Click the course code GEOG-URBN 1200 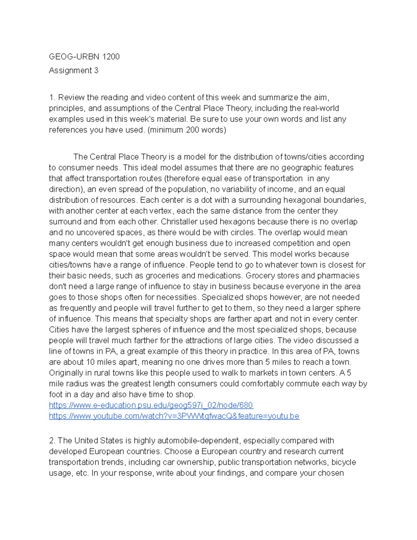pyautogui.click(x=84, y=57)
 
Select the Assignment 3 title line pyautogui.click(x=74, y=71)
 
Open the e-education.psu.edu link pyautogui.click(x=151, y=405)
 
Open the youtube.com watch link pyautogui.click(x=174, y=416)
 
